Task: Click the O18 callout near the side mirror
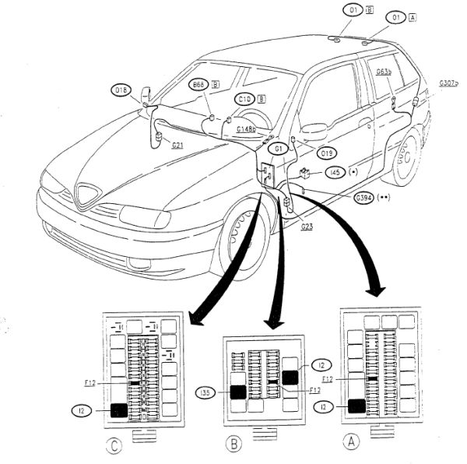click(x=121, y=90)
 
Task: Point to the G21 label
click(x=177, y=145)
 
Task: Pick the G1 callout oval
click(x=277, y=147)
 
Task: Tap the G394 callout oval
click(x=363, y=199)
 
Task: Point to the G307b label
click(x=448, y=83)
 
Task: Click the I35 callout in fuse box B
click(x=206, y=392)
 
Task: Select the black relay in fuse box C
click(x=119, y=409)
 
